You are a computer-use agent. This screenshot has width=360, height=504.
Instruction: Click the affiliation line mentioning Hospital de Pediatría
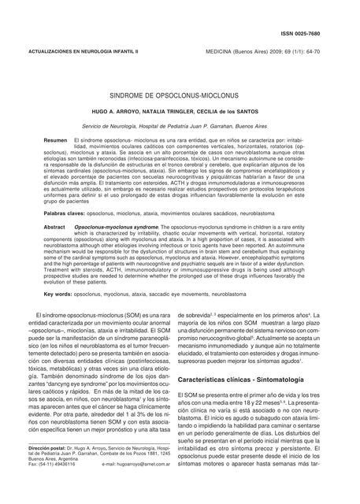pos(180,125)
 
